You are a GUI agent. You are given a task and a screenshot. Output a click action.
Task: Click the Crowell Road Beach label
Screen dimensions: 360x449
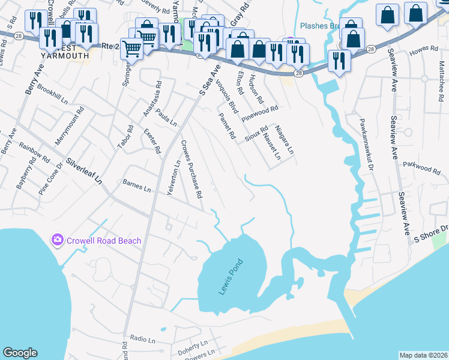click(104, 241)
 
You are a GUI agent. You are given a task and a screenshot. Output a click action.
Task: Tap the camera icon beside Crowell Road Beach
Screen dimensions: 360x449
click(58, 240)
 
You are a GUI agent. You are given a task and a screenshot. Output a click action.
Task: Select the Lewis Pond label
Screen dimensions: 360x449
click(230, 277)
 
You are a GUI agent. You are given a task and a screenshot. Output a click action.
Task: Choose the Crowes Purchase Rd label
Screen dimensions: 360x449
click(191, 170)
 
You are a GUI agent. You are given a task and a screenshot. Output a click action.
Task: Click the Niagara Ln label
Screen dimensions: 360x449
click(284, 140)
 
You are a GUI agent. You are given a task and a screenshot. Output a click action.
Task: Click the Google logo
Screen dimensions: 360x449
click(20, 353)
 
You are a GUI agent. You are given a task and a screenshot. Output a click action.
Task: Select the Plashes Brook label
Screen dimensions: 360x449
click(322, 26)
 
